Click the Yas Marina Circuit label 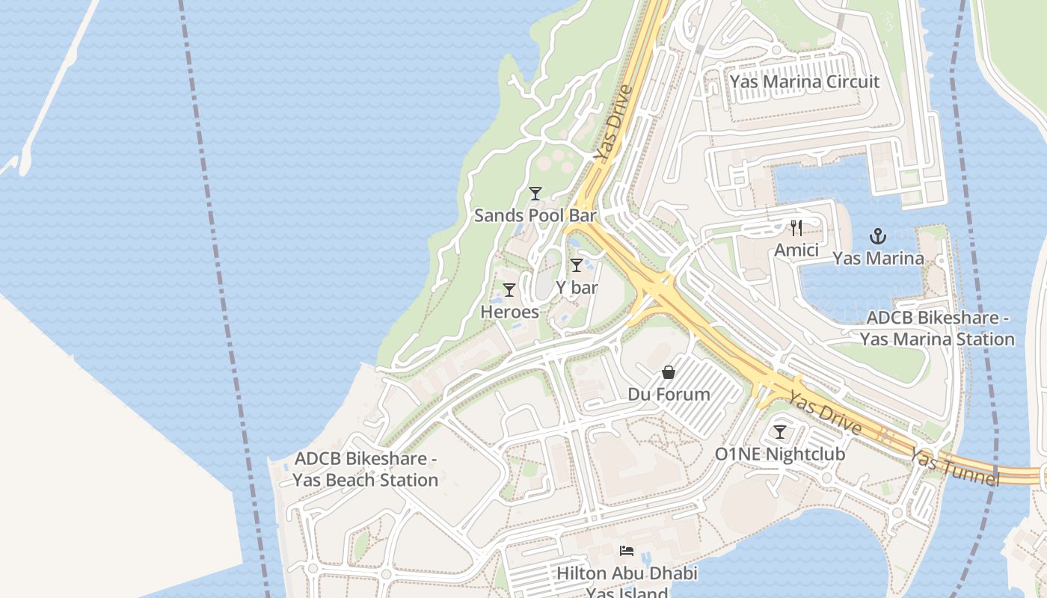pos(805,81)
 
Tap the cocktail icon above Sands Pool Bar pos(535,194)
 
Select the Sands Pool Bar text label pos(535,216)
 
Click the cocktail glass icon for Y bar pos(576,265)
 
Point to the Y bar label pos(577,287)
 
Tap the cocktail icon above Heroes pos(509,290)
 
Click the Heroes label pos(509,312)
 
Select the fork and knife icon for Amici pos(796,228)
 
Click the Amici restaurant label pos(796,250)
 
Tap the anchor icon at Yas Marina pos(878,237)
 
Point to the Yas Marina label pos(878,259)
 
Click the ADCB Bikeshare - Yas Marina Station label pos(937,328)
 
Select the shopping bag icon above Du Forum pos(669,372)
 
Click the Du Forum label pos(669,394)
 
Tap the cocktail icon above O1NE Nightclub pos(780,432)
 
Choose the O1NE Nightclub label pos(780,454)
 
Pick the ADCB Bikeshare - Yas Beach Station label pos(366,469)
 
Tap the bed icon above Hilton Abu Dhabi pos(627,552)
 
